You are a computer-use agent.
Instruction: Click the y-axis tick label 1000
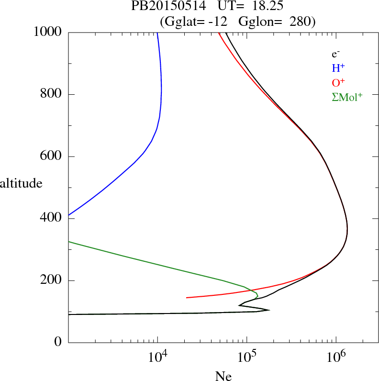point(48,32)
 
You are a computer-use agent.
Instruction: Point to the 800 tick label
point(51,94)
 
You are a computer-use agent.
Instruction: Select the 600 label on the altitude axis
point(51,157)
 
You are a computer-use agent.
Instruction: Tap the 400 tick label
point(51,219)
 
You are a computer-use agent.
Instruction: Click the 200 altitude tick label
point(51,280)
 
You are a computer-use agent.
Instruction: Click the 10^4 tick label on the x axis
point(158,356)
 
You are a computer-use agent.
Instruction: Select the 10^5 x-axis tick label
point(247,356)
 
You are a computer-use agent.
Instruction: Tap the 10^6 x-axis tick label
point(336,356)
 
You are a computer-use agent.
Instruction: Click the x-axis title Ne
point(223,376)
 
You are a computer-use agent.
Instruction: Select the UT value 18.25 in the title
point(260,6)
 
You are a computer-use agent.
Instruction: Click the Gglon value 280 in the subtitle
point(301,21)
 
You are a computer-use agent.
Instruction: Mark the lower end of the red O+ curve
point(187,298)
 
